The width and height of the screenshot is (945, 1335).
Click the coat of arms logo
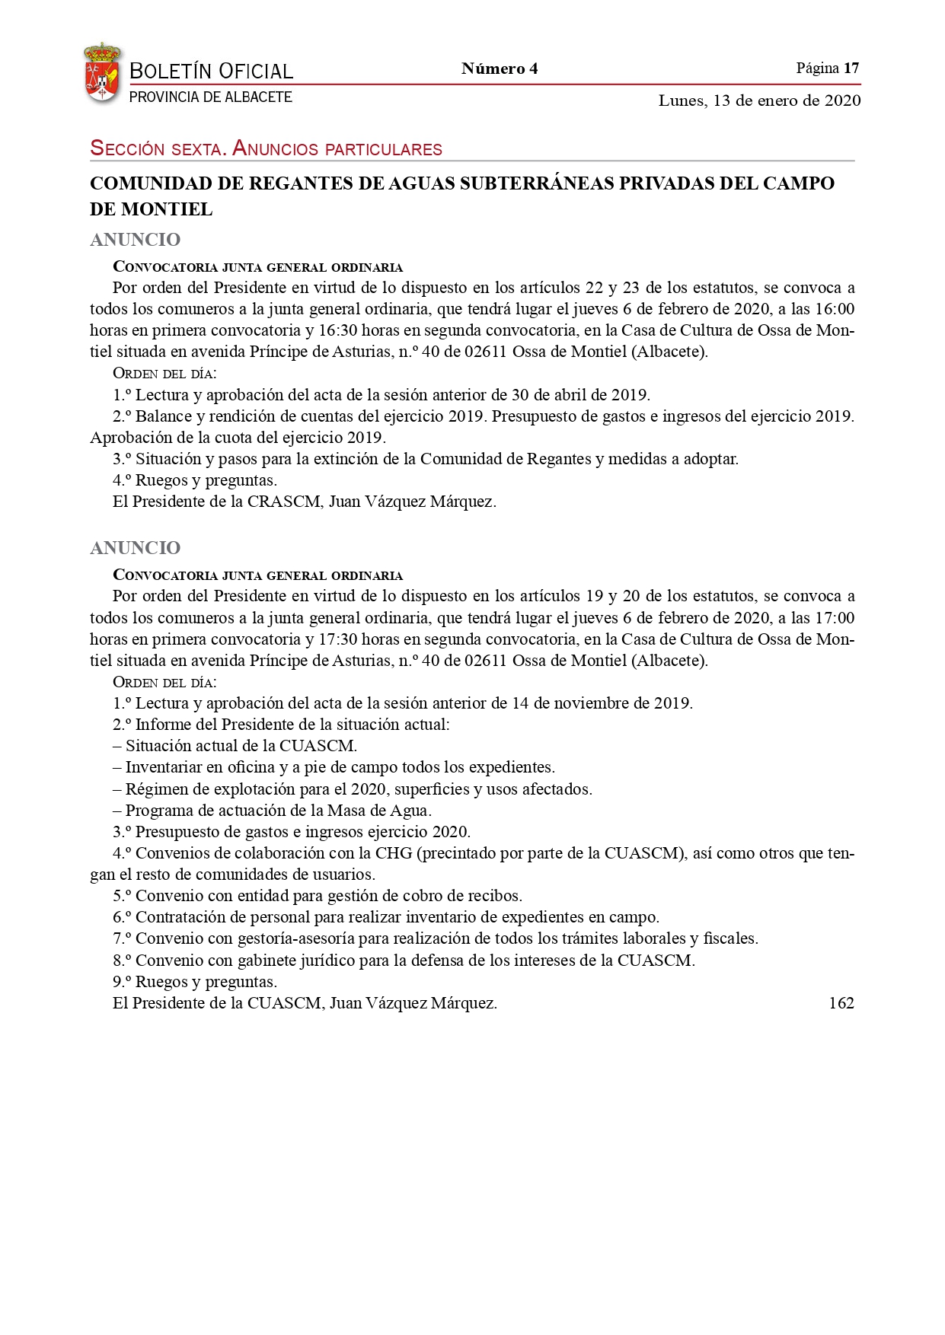101,73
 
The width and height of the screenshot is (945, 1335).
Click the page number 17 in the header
851,68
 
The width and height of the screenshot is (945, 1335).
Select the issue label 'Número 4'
500,69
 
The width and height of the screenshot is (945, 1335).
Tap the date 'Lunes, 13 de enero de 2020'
759,100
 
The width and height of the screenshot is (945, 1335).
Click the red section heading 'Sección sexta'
158,148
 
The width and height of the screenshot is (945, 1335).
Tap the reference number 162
841,1003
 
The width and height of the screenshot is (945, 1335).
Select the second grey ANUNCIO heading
136,548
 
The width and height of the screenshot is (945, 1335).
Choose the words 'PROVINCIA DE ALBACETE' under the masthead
211,97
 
